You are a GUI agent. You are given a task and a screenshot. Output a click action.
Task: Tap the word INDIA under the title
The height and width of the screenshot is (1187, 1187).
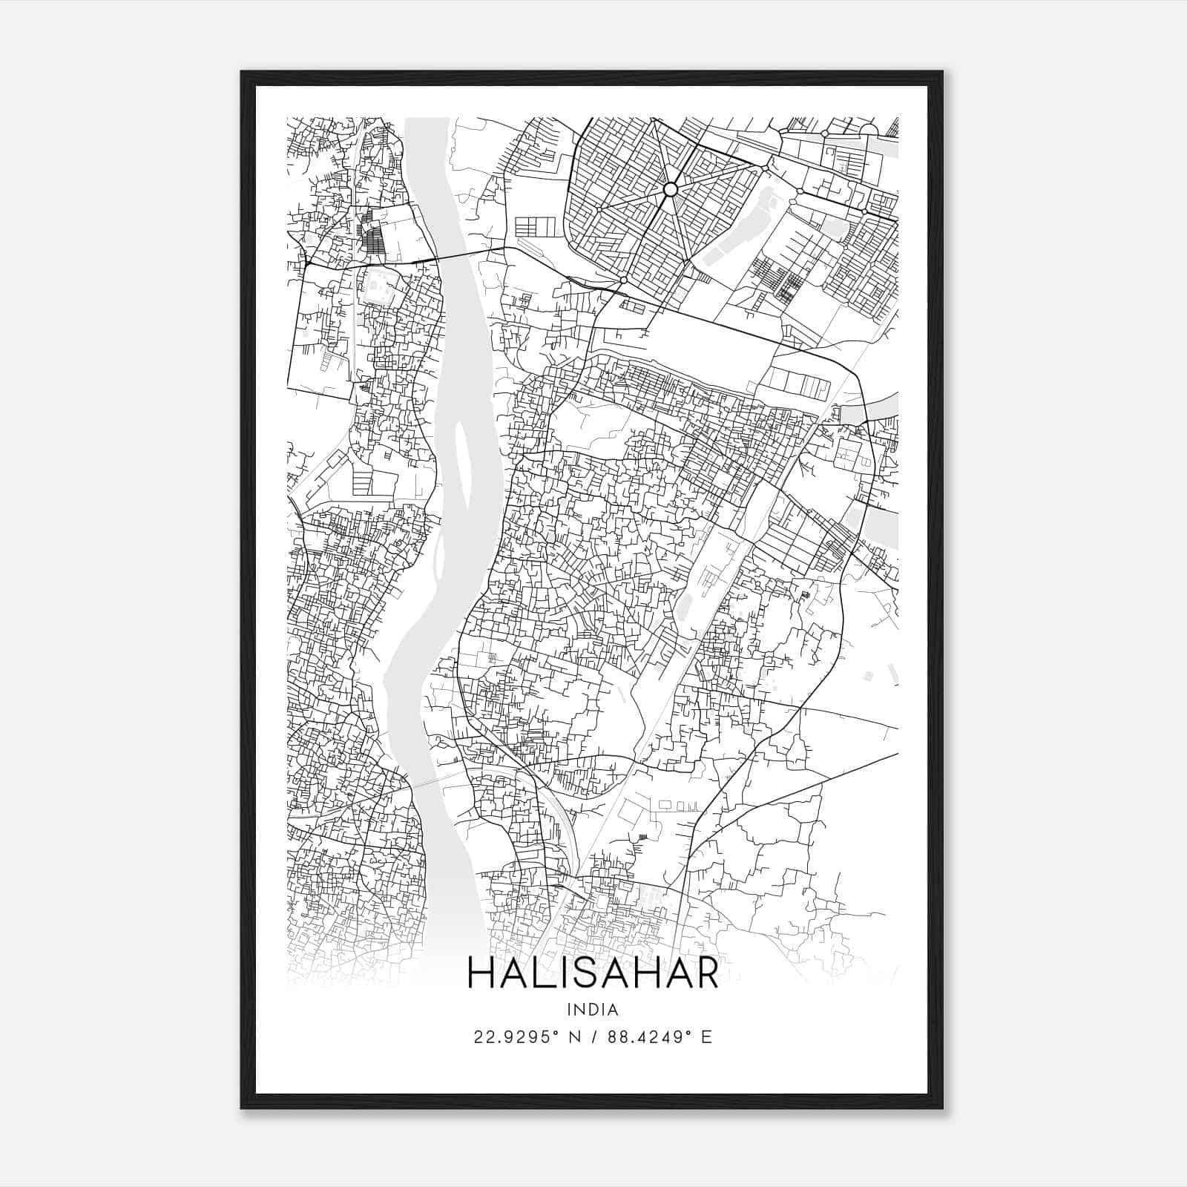tap(592, 1009)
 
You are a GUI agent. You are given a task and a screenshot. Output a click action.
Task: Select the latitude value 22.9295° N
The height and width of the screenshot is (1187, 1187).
tap(525, 1037)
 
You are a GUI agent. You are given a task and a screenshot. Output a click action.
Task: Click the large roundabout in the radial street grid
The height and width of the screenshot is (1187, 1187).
tap(670, 190)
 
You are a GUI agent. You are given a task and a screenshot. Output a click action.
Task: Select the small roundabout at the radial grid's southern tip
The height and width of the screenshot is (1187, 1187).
tap(623, 280)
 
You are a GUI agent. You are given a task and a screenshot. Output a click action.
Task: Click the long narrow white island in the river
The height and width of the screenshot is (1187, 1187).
tap(462, 460)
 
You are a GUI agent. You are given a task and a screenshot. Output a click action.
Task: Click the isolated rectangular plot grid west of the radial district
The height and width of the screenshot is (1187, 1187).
tap(535, 226)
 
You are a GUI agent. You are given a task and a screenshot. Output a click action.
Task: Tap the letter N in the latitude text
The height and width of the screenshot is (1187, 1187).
tap(573, 1037)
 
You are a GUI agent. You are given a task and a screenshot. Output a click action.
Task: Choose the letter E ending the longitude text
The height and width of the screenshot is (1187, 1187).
tap(706, 1037)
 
